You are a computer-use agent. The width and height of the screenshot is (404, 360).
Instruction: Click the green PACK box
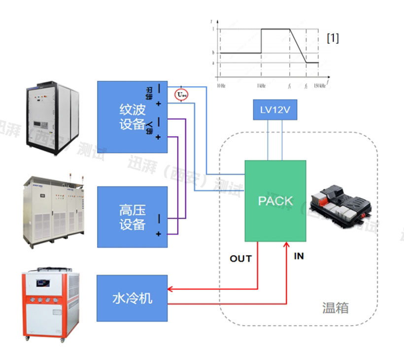(x=275, y=200)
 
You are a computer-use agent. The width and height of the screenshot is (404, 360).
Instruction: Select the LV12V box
(x=274, y=110)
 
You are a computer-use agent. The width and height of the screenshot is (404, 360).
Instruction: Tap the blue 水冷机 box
(x=132, y=298)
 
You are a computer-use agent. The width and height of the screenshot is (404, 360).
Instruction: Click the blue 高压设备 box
(x=132, y=217)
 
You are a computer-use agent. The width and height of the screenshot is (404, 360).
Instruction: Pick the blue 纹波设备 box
(x=132, y=117)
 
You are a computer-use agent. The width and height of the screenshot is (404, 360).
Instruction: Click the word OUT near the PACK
(x=240, y=259)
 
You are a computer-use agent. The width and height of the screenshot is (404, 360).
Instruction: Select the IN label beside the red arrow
(x=299, y=256)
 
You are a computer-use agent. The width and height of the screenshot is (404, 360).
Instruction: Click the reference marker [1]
(x=333, y=38)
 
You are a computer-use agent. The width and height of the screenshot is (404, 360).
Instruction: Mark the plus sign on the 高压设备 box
(x=159, y=234)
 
